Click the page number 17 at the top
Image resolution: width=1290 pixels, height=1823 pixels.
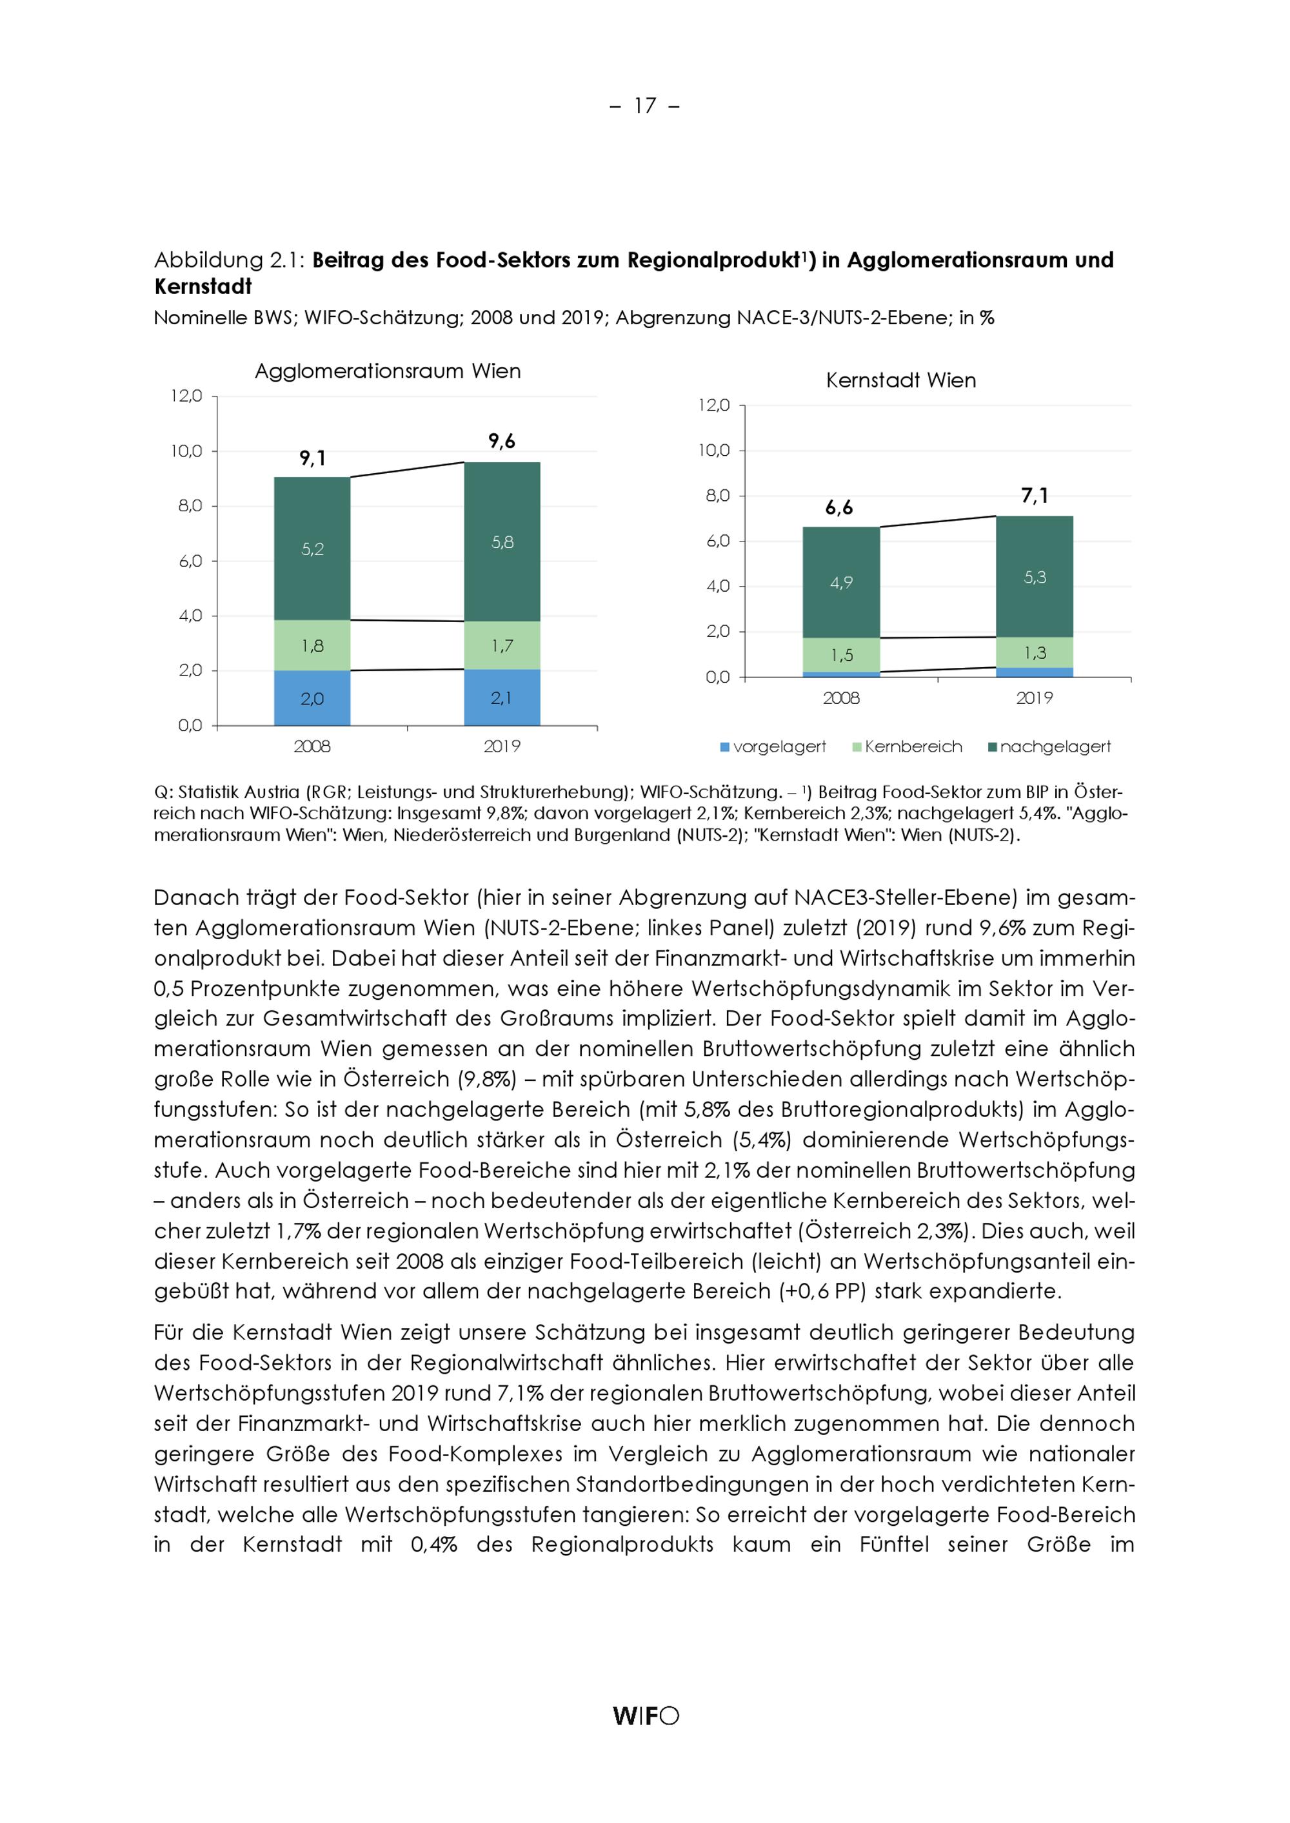tap(644, 106)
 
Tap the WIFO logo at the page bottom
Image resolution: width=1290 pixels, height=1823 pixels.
tap(645, 1716)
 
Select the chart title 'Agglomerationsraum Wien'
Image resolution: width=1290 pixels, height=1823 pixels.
tap(388, 371)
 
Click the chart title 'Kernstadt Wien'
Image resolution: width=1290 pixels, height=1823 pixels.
tap(901, 380)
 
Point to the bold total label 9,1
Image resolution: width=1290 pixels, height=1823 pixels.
tap(312, 458)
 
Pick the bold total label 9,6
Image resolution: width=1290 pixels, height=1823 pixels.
tap(502, 442)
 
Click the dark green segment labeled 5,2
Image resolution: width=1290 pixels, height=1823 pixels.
tap(312, 549)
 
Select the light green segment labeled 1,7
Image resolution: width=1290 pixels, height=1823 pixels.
tap(502, 645)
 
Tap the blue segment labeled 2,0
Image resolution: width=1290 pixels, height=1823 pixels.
tap(312, 699)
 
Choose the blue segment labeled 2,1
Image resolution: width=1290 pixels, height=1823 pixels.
tap(502, 698)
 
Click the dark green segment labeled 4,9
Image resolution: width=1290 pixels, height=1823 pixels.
tap(841, 583)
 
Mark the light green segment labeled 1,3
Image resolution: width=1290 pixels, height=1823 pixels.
tap(1034, 652)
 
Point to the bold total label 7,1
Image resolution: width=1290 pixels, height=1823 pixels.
tap(1034, 496)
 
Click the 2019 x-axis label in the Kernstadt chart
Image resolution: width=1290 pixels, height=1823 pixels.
tap(1034, 699)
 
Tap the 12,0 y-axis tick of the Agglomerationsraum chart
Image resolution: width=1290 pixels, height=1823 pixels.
tap(186, 395)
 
